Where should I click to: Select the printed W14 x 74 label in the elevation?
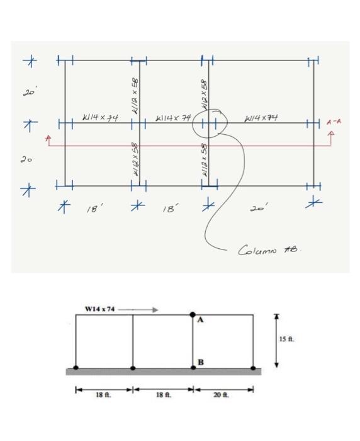coord(99,309)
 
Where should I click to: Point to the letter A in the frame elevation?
coord(201,321)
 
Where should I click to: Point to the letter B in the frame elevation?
coord(200,362)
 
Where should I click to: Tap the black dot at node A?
coord(193,314)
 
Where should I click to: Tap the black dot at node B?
coord(193,367)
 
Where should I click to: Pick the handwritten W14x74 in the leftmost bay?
coord(101,118)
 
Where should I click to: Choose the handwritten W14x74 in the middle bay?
coord(172,118)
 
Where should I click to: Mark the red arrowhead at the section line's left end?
coord(47,137)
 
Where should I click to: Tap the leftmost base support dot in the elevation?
coord(76,367)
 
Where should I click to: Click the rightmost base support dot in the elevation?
coord(253,367)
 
